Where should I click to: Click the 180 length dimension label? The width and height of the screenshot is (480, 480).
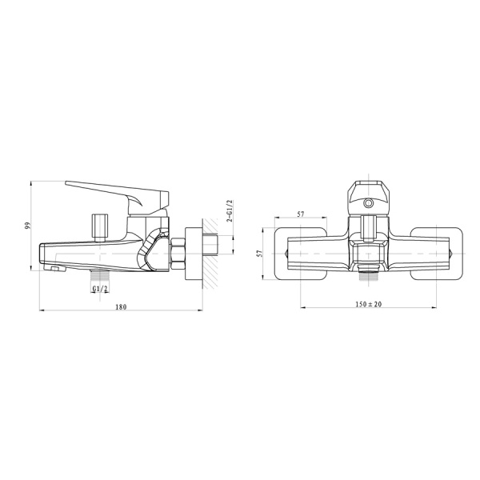click(121, 306)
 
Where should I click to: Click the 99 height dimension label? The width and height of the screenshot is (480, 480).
click(27, 226)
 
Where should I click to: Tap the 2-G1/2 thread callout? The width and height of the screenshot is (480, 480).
click(229, 211)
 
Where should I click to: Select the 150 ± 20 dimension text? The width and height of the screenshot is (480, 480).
click(368, 304)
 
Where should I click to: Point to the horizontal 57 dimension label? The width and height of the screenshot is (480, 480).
click(301, 214)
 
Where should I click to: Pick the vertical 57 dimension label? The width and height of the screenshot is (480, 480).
click(259, 253)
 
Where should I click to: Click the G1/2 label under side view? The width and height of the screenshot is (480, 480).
click(100, 288)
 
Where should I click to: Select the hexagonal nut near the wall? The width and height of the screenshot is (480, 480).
click(178, 254)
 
